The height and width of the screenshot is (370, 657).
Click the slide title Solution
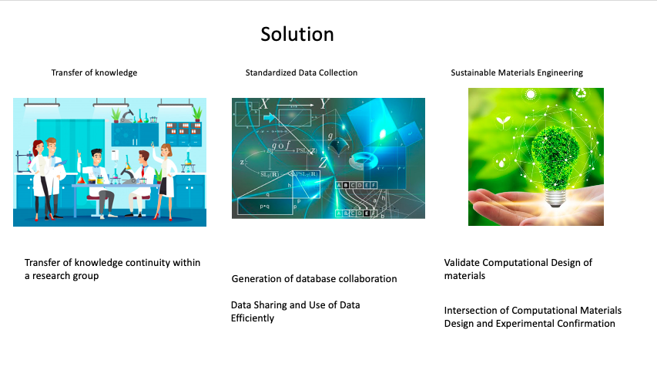click(x=297, y=34)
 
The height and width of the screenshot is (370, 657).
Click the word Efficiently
click(x=252, y=318)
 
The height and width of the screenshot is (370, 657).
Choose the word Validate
click(x=461, y=263)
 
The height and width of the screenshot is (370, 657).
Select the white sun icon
click(x=531, y=94)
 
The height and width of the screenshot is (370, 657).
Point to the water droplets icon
click(x=501, y=161)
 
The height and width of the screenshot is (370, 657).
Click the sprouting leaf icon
click(x=503, y=122)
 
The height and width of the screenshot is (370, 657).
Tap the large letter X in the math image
click(x=264, y=104)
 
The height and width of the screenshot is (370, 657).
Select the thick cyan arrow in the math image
click(x=270, y=118)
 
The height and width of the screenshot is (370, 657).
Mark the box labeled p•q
click(x=265, y=206)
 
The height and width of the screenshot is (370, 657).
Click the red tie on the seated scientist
click(x=143, y=170)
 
